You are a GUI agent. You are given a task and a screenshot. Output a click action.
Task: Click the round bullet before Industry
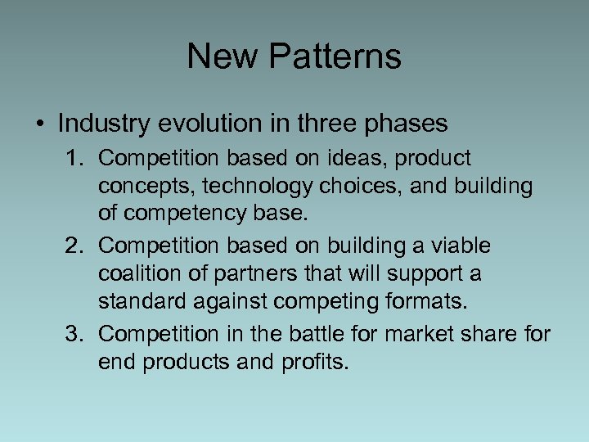40,124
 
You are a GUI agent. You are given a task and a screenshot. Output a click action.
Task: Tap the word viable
463,246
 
